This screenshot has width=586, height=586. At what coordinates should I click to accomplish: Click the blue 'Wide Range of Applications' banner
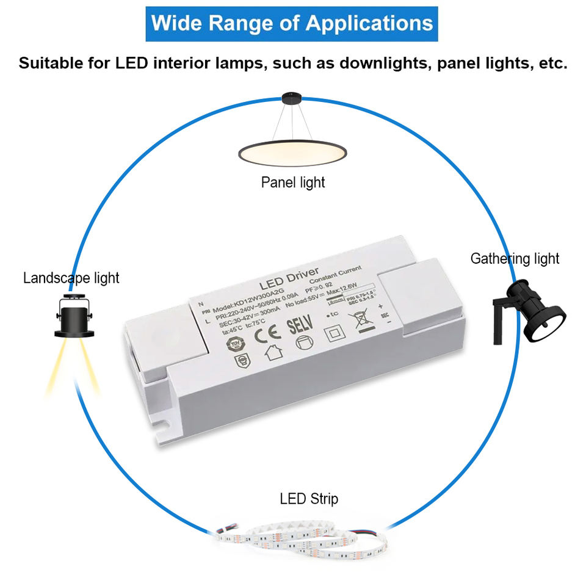292,24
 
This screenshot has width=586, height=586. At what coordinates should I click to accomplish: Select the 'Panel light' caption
293,182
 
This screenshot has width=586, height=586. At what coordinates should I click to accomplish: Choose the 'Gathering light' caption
515,258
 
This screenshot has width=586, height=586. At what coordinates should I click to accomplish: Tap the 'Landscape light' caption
71,278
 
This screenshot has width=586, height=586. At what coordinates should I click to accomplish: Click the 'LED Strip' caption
309,499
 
